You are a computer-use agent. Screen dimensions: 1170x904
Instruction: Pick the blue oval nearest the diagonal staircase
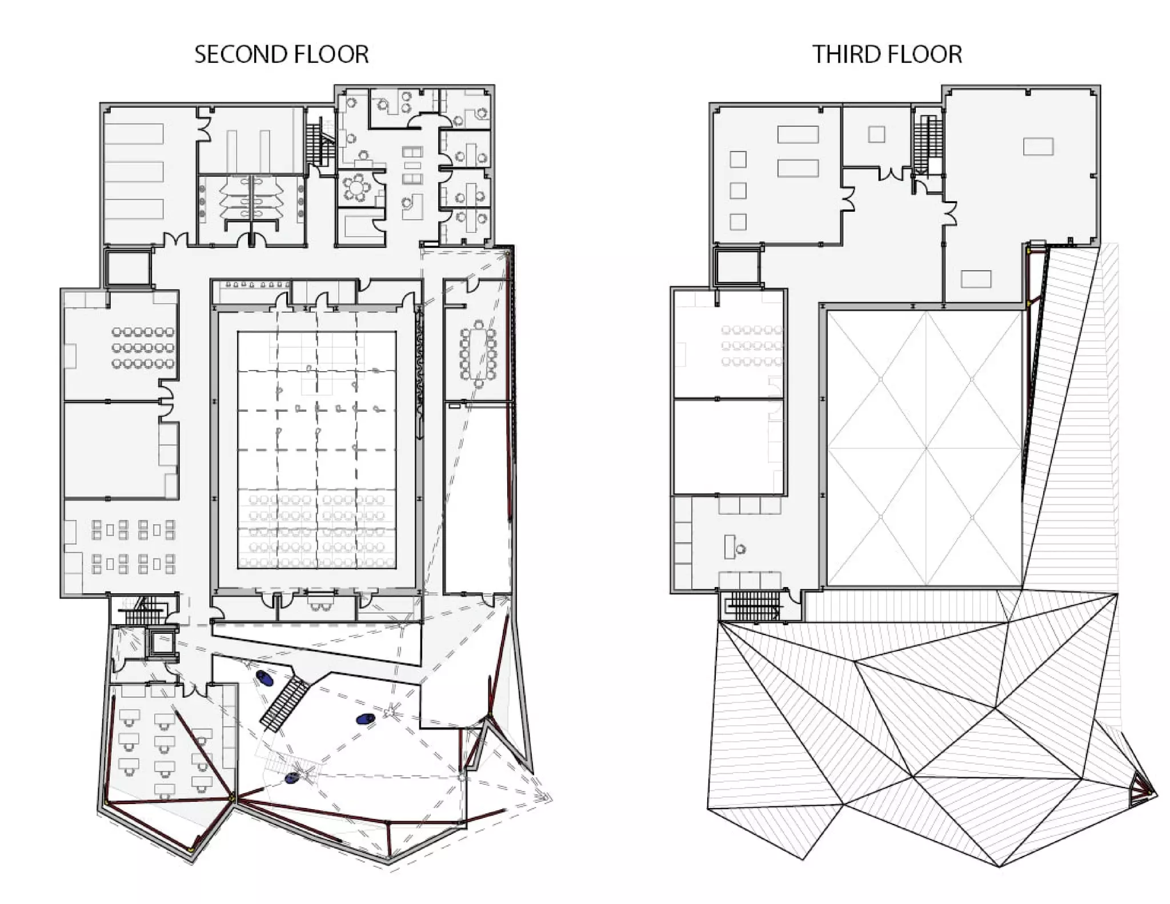click(x=264, y=678)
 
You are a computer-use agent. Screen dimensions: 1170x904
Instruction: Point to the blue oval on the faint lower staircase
click(x=292, y=777)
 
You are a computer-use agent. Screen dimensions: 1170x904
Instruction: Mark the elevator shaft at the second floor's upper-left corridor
click(x=128, y=267)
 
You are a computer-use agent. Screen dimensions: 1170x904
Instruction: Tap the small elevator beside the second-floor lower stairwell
click(x=161, y=642)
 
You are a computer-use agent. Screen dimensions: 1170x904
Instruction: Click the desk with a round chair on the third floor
click(x=734, y=547)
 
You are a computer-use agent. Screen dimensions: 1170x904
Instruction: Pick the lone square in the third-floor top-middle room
click(x=876, y=134)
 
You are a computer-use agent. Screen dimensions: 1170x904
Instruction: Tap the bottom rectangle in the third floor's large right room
click(x=976, y=279)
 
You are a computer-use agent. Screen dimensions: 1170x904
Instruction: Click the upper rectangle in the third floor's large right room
click(x=1039, y=146)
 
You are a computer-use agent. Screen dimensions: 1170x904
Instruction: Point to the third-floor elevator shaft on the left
click(x=738, y=267)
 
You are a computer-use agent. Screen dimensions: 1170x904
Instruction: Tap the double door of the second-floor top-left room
click(x=176, y=240)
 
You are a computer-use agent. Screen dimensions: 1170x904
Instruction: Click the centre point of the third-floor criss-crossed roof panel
click(x=925, y=448)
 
